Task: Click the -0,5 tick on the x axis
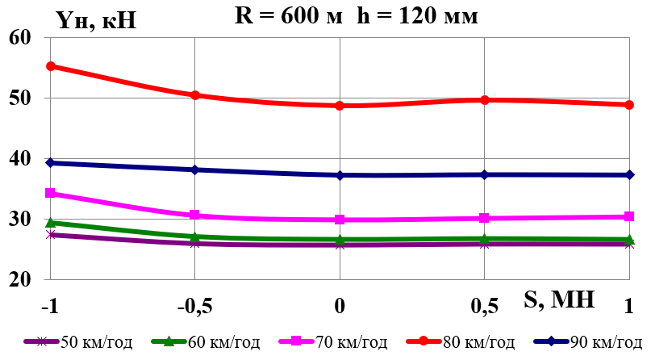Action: [194, 307]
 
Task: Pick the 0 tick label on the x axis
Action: [340, 307]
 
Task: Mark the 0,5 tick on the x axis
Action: [484, 307]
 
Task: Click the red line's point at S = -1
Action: [50, 66]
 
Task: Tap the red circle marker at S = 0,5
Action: [484, 100]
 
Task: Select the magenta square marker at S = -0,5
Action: [194, 216]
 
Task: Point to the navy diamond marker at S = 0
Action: [340, 175]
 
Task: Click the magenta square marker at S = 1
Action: [628, 216]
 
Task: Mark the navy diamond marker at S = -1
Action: [50, 163]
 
